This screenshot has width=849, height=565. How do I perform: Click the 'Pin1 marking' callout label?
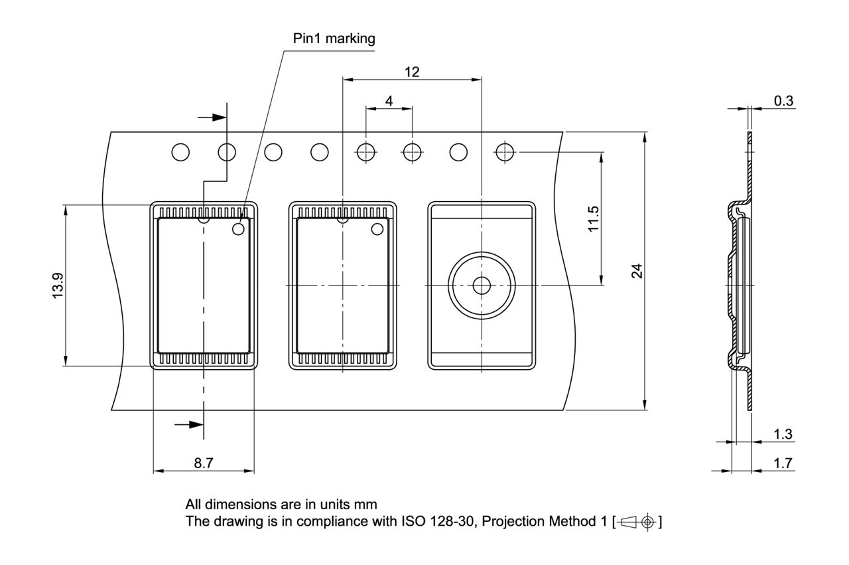click(334, 39)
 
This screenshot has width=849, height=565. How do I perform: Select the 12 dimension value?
click(412, 72)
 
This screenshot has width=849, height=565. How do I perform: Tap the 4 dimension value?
click(389, 101)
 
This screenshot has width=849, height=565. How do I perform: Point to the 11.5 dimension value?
click(594, 218)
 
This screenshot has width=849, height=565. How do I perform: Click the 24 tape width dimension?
click(637, 271)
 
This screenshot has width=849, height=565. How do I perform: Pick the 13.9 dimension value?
click(58, 285)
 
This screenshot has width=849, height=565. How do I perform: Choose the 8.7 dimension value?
click(204, 463)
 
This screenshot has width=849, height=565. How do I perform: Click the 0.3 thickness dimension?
click(783, 100)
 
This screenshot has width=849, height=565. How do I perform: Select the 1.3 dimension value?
click(783, 434)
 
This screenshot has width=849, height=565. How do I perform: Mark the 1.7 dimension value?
click(783, 463)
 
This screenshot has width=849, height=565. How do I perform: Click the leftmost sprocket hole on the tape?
click(180, 152)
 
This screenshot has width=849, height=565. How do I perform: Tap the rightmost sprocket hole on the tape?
click(505, 152)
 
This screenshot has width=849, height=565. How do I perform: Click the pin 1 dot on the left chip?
click(239, 229)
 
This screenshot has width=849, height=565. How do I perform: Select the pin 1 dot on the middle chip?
click(378, 229)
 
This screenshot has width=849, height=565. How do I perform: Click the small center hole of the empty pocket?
click(481, 285)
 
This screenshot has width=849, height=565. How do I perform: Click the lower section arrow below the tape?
click(189, 424)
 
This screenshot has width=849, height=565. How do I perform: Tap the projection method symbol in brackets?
click(638, 522)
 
